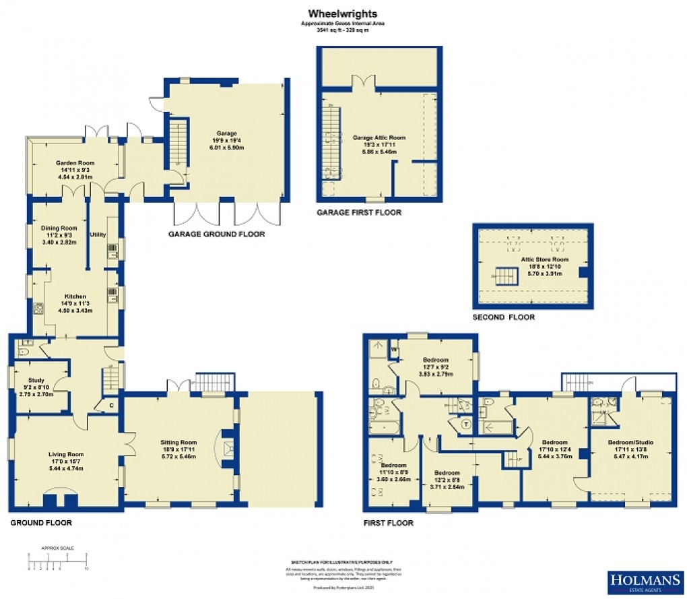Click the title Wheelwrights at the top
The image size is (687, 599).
[x=343, y=13]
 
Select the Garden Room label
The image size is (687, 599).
[x=74, y=163]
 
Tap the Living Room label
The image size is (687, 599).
[x=65, y=454]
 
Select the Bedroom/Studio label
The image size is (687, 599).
[x=630, y=442]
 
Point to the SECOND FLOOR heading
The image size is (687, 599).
[x=503, y=317]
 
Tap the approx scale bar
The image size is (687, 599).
[x=57, y=559]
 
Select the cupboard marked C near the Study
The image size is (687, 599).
[x=110, y=405]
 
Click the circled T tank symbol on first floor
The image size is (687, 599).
[x=467, y=424]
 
